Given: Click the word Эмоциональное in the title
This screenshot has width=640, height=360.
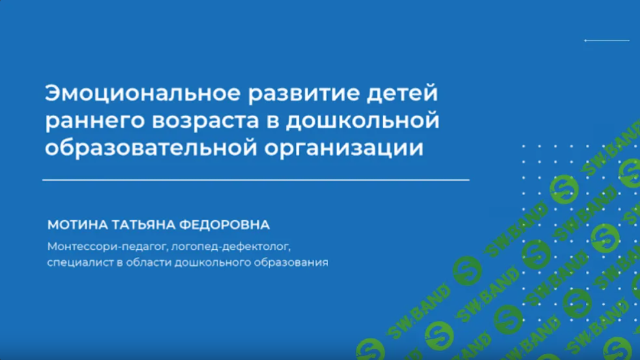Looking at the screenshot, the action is (x=143, y=93).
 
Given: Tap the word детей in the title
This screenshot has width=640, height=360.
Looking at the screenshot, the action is (x=402, y=93).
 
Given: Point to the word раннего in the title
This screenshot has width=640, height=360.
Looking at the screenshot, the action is (x=95, y=121).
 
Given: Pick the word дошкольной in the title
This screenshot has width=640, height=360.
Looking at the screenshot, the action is (x=362, y=120).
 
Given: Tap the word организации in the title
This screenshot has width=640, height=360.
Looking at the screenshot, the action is (x=343, y=148).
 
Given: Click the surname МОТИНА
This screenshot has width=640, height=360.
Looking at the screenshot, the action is (x=78, y=225).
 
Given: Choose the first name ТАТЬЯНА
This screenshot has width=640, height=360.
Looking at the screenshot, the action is (x=144, y=225).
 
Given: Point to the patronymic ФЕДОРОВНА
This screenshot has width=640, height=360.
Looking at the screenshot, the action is (x=224, y=225).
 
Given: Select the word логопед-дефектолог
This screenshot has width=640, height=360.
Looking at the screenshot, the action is (x=231, y=247).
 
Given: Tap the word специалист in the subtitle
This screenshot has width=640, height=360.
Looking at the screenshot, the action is (x=80, y=262).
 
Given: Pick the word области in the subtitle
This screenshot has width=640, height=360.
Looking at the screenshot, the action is (x=149, y=262).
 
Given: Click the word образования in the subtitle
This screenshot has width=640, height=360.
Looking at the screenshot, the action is (x=291, y=263).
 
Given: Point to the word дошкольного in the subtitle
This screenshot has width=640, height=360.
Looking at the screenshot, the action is (x=212, y=262).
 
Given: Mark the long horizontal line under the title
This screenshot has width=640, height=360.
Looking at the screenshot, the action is (x=256, y=180).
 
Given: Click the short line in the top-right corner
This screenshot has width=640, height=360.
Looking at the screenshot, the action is (x=607, y=40).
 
